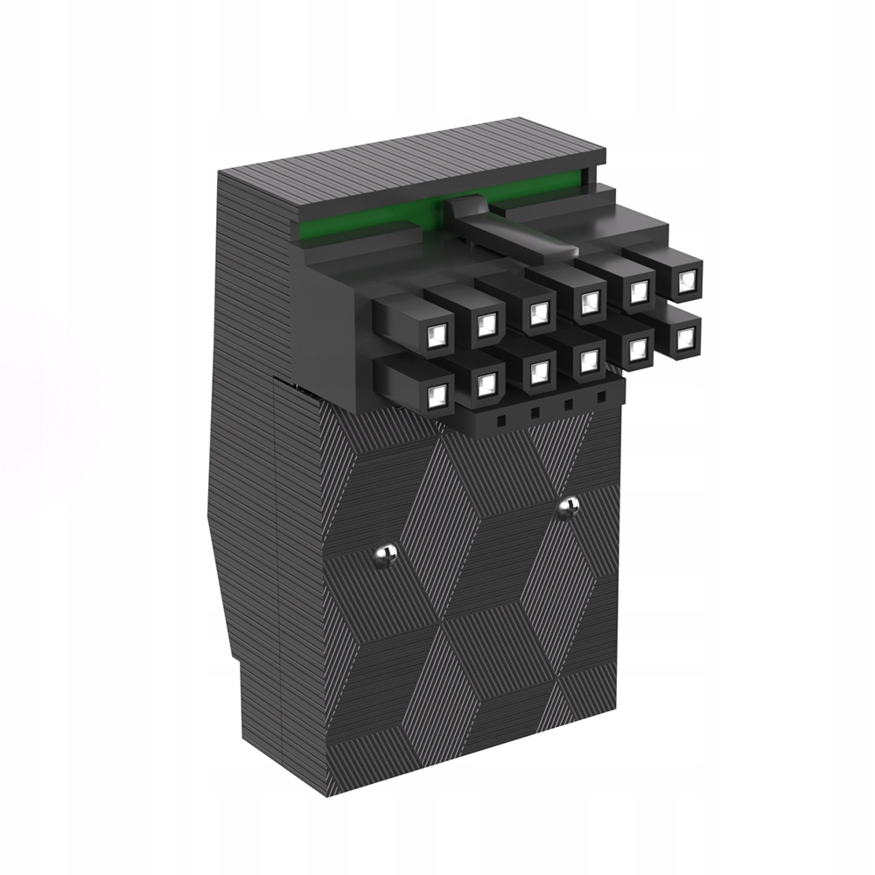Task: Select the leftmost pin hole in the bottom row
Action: tap(437, 396)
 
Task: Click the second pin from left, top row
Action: tap(487, 323)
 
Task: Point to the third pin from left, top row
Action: tap(538, 312)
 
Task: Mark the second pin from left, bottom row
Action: tap(487, 384)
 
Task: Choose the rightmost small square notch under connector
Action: tap(601, 399)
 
